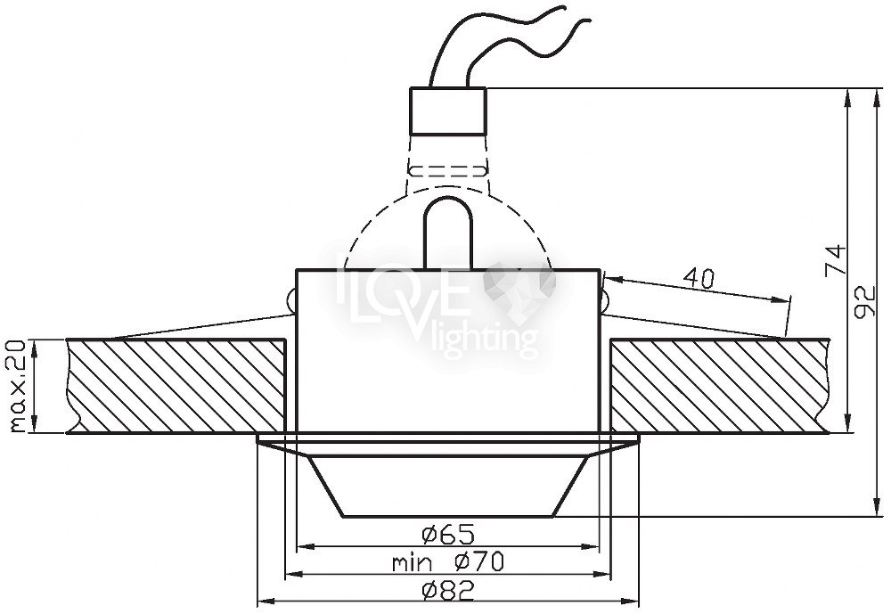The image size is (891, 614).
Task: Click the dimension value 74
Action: click(836, 260)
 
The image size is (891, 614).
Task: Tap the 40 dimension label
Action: click(699, 278)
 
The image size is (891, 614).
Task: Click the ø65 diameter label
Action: click(447, 534)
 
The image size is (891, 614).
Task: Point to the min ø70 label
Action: click(447, 563)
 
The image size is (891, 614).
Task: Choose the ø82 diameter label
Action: click(448, 592)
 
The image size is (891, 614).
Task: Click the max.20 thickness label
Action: click(20, 386)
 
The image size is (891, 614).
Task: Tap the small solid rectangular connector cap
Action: click(448, 111)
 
